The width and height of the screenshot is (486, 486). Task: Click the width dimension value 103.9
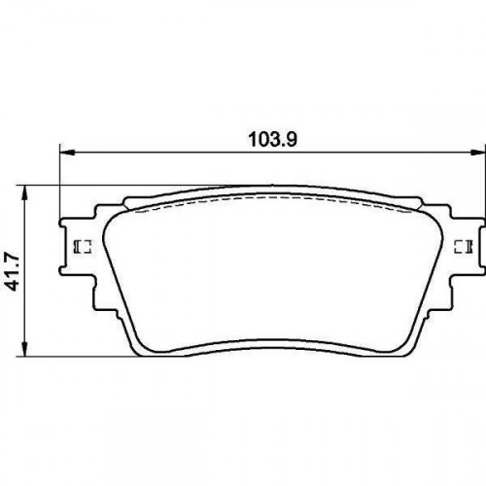[272, 139]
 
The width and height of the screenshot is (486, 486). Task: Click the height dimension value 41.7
[14, 272]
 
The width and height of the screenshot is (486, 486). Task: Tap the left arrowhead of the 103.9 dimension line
[67, 152]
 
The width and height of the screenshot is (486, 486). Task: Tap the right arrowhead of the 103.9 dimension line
[478, 152]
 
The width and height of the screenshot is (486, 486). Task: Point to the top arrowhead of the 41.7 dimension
[24, 193]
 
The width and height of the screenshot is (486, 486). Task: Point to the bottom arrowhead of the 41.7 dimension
[24, 349]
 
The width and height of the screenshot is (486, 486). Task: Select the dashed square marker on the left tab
[84, 247]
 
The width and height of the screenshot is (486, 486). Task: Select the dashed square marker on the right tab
[464, 247]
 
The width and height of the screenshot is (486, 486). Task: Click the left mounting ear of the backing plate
[79, 247]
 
